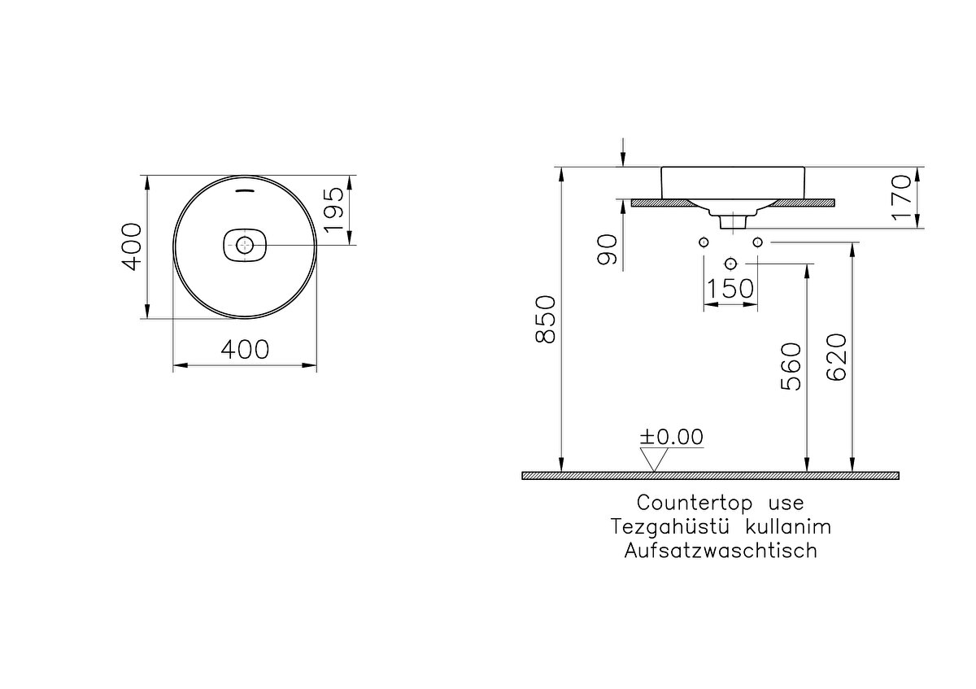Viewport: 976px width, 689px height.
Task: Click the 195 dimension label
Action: [334, 209]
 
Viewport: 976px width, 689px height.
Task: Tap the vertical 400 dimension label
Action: [132, 246]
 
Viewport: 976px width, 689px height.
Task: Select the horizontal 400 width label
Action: [245, 350]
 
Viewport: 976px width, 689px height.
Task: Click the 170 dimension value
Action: [902, 198]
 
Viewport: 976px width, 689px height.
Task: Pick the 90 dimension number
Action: [608, 250]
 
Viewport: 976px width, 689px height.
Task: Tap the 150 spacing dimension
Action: [730, 289]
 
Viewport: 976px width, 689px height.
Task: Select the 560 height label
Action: [791, 367]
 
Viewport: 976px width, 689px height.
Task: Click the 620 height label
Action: [837, 357]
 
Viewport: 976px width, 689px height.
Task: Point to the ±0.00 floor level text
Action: [672, 437]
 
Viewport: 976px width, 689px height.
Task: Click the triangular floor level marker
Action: [654, 460]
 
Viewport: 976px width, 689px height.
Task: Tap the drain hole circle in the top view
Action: [245, 246]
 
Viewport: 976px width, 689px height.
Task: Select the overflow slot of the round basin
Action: [245, 190]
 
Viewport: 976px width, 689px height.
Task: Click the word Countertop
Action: [695, 503]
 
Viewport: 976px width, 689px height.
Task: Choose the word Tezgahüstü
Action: [669, 527]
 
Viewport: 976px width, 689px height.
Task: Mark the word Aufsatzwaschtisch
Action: [721, 551]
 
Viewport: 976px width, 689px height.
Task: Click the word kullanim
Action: [789, 527]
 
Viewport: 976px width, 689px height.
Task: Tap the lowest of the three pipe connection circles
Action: [730, 264]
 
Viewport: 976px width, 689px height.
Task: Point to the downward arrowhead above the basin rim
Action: [623, 160]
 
